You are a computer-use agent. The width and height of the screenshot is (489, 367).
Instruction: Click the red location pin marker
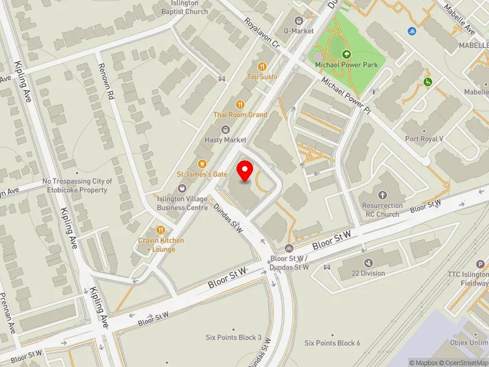coord(245,171)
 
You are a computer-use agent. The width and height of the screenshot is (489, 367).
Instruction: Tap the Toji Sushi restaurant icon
coord(262,66)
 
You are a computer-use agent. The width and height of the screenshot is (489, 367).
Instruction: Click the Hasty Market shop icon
coord(226,129)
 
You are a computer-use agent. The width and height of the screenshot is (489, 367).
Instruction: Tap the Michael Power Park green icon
coord(346,54)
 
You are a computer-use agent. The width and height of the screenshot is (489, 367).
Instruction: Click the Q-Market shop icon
coord(298,20)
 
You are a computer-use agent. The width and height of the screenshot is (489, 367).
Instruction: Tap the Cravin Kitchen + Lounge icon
coord(161,229)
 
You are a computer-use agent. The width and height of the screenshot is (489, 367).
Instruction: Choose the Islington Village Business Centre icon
coord(182,188)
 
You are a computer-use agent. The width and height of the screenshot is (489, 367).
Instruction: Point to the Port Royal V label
coord(424,139)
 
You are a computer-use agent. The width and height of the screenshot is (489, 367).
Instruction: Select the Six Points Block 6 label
coord(333,343)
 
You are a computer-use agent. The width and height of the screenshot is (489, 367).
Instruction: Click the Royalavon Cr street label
coord(261,34)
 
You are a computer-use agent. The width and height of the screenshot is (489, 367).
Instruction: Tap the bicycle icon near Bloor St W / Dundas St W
coord(289,249)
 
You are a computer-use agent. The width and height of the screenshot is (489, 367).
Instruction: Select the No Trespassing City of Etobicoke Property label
coord(77,186)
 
